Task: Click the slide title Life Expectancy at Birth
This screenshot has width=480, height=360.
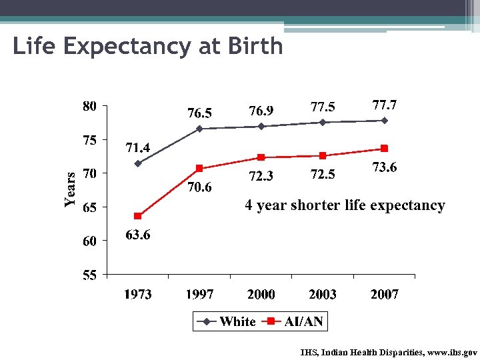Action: point(147,47)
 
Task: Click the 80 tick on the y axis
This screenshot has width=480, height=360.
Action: point(89,106)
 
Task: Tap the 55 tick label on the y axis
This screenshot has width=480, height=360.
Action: point(89,275)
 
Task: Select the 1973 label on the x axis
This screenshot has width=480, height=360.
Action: point(137,294)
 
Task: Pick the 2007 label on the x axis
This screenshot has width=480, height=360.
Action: point(384,294)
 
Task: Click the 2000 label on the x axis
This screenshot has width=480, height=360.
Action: point(261,294)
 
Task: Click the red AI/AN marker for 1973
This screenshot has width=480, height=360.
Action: point(137,216)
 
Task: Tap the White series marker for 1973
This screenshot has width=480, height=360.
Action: point(137,163)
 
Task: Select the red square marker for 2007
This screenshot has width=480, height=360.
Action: point(384,148)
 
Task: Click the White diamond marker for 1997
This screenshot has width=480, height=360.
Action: point(199,129)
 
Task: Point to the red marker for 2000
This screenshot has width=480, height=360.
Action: point(261,157)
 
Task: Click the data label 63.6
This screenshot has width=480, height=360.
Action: point(138,235)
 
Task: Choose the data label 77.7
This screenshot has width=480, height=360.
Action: point(385,105)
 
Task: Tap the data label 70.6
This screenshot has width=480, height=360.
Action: point(199,187)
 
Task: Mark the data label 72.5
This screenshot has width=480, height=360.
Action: point(323,175)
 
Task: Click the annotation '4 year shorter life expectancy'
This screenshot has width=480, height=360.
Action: point(345,205)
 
